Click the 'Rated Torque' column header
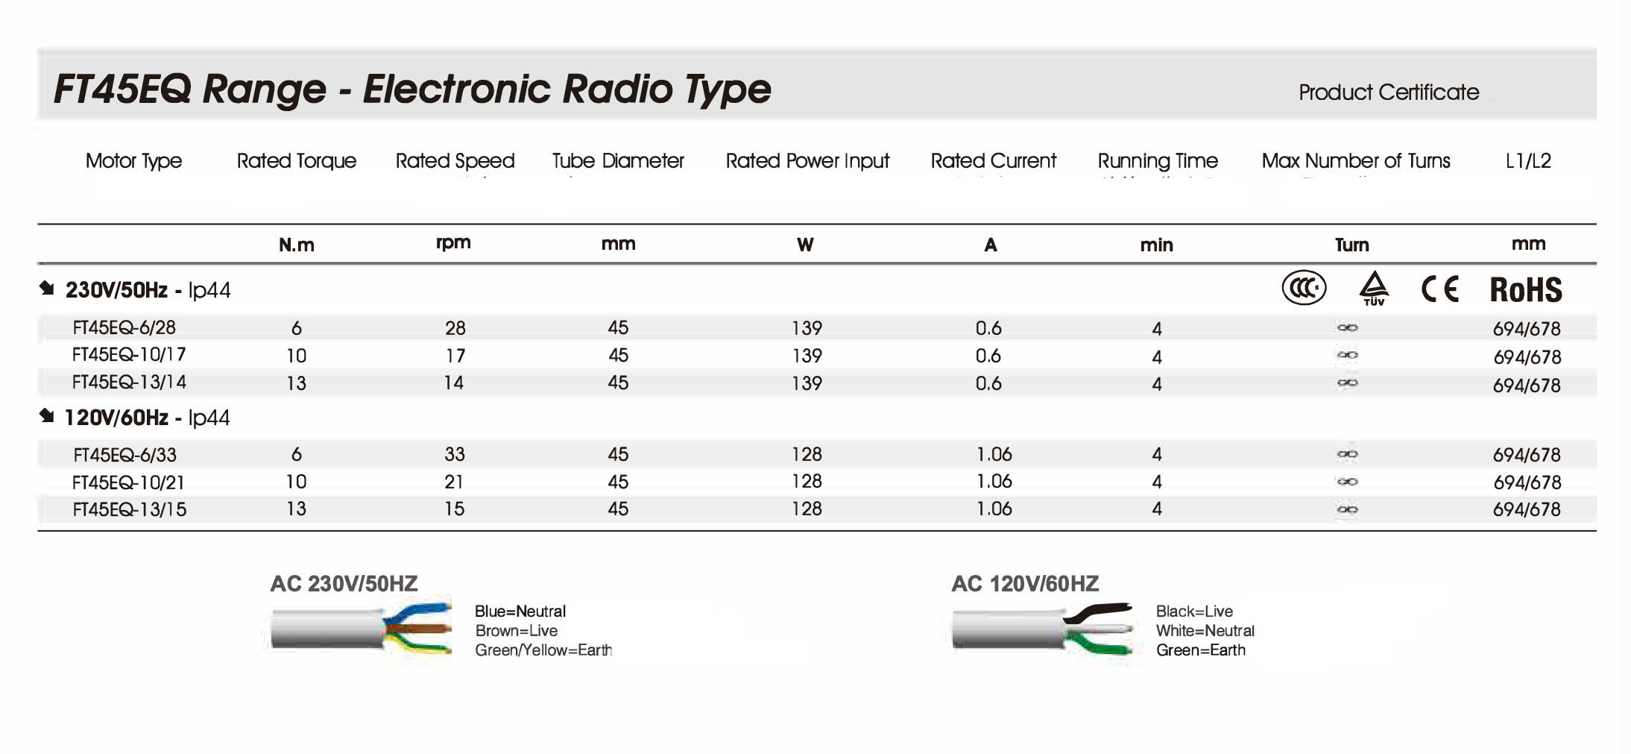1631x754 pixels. (x=296, y=160)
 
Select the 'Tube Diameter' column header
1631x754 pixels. (x=617, y=160)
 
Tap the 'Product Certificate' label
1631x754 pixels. (x=1388, y=92)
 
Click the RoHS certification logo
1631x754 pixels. (x=1525, y=289)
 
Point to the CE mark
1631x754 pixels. (x=1439, y=289)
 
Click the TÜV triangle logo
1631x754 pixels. (x=1373, y=288)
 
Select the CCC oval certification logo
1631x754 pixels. (x=1304, y=288)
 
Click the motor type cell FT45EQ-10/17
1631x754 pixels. (x=129, y=355)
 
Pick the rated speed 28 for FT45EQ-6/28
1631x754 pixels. (x=455, y=328)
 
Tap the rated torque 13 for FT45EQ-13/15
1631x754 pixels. (x=296, y=509)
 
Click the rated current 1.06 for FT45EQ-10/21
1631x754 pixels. (x=994, y=482)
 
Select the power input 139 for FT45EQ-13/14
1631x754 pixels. (x=807, y=383)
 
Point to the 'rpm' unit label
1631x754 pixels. (x=453, y=243)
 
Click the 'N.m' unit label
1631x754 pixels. (x=296, y=245)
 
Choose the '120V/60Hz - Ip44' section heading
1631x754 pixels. (x=147, y=418)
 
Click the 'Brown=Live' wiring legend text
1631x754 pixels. (x=516, y=631)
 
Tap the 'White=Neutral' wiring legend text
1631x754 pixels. (x=1205, y=631)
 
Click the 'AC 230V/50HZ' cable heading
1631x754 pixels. (x=344, y=583)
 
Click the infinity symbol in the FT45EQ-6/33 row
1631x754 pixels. (x=1347, y=454)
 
